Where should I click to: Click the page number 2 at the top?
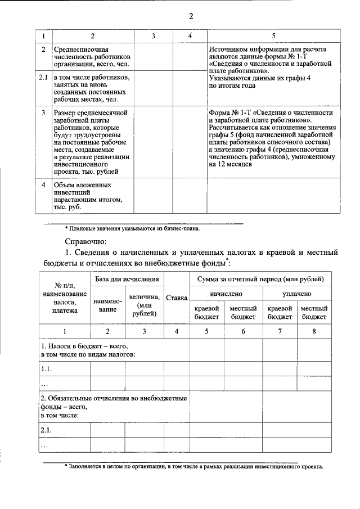point(191,16)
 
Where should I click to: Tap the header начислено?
point(226,294)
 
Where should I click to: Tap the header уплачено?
point(297,294)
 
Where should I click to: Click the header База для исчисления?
point(127,279)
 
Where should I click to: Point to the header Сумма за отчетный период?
point(260,279)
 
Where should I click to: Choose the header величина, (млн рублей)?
point(144,304)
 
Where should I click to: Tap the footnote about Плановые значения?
point(132,228)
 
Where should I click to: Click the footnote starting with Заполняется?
point(194,467)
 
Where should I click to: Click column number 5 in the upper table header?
point(273,36)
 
